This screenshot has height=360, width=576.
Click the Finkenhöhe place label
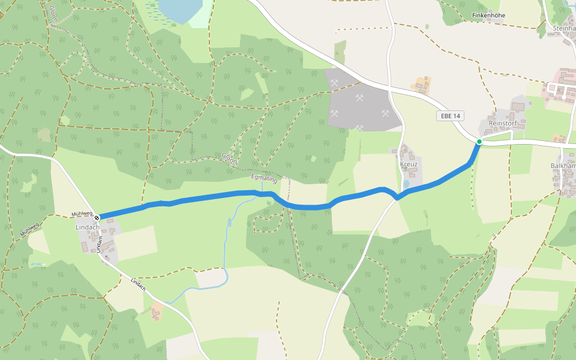(x=488, y=15)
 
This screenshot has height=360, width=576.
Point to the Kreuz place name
(x=408, y=164)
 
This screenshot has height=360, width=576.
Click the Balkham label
(x=563, y=165)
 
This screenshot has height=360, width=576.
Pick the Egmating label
(x=264, y=178)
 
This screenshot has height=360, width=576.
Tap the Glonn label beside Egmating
(x=229, y=158)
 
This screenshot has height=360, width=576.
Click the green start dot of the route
(x=479, y=142)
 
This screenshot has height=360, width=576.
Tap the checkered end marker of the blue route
(x=97, y=217)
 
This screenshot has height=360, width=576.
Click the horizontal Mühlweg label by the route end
(x=82, y=214)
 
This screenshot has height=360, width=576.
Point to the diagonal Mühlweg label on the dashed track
(x=28, y=229)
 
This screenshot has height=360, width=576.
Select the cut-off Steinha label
(x=564, y=28)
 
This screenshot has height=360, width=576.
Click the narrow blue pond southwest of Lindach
(x=38, y=264)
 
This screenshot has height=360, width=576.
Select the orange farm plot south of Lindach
(x=156, y=311)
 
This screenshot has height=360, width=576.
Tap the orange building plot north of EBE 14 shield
(x=422, y=85)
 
